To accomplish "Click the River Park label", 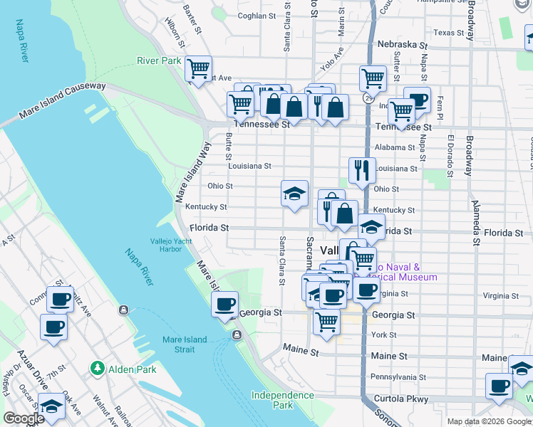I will pos(159,61).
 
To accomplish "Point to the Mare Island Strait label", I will pos(185,344).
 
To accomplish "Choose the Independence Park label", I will pos(282,400).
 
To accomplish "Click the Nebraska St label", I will pos(402,44).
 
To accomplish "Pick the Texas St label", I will pos(449,33).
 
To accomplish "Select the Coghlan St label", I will pos(257,16).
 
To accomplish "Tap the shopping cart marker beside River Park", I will pos(197,69).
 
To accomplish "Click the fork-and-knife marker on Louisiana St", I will pos(362,170).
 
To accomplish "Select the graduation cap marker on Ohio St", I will pos(294,193).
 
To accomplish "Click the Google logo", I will pos(24,418).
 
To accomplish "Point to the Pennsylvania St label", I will pos(398,377).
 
